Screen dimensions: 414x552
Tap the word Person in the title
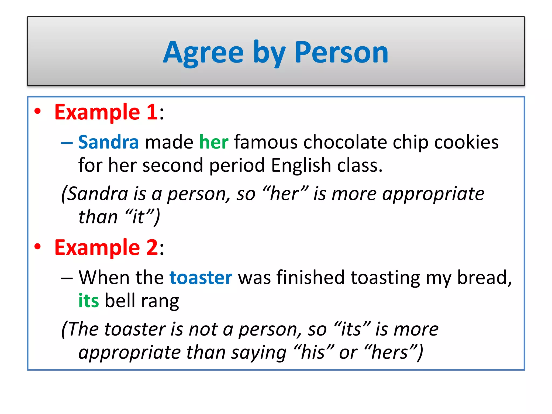341,53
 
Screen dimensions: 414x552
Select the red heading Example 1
106,112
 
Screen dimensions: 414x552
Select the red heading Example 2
106,247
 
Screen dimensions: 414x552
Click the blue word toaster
201,278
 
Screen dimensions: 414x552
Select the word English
301,165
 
